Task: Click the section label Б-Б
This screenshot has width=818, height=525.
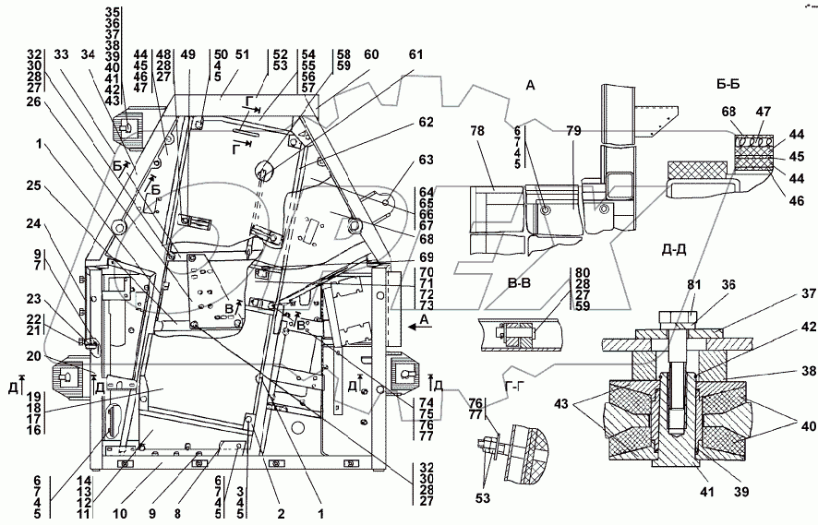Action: (x=728, y=84)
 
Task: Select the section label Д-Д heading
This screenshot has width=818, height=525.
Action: (x=674, y=251)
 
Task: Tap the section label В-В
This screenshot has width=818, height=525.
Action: (x=519, y=283)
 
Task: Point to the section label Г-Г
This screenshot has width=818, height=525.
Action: (x=515, y=387)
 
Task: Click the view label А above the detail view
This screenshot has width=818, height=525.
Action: (x=530, y=85)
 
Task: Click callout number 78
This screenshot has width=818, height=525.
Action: (x=478, y=131)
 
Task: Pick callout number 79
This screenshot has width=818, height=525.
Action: (x=573, y=131)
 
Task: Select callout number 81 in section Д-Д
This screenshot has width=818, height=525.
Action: (x=694, y=285)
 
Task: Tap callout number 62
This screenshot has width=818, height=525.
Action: (x=426, y=122)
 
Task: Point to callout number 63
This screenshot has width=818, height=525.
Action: (x=426, y=159)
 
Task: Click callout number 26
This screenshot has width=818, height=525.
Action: (x=33, y=101)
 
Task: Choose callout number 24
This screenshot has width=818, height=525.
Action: (x=33, y=224)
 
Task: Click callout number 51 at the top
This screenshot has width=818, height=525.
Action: (x=242, y=54)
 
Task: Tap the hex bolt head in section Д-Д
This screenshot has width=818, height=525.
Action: (x=678, y=318)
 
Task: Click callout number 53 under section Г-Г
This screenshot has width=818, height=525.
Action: (x=483, y=498)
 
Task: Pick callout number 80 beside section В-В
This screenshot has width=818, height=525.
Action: (x=583, y=273)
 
